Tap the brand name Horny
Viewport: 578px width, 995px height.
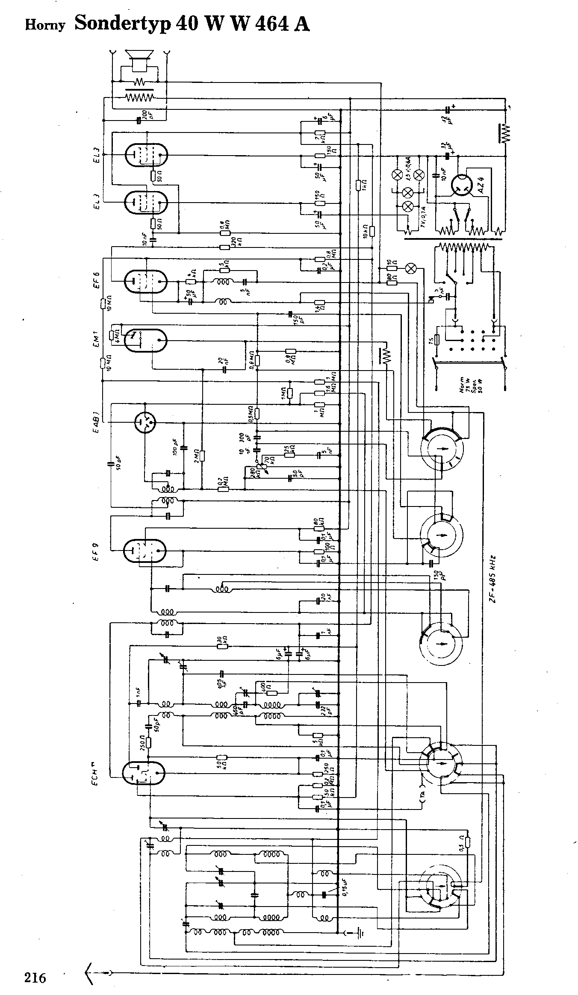point(45,26)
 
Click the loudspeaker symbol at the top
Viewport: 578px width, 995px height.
point(139,60)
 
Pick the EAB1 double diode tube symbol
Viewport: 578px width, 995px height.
point(145,423)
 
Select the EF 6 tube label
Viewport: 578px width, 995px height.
point(97,280)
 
